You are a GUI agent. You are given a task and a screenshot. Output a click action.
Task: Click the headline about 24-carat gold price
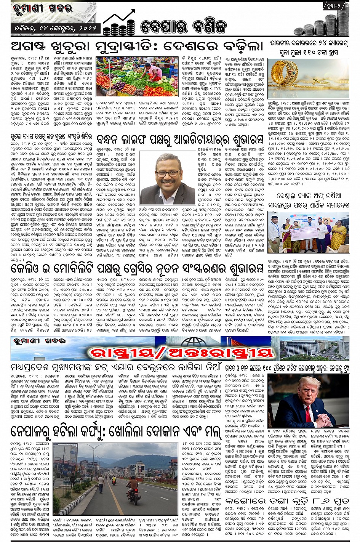click(x=309, y=48)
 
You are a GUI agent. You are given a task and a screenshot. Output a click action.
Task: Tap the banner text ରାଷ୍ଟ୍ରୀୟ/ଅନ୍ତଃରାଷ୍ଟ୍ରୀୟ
click(x=181, y=353)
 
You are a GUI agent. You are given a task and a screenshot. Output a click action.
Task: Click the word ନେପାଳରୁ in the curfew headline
click(x=36, y=432)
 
